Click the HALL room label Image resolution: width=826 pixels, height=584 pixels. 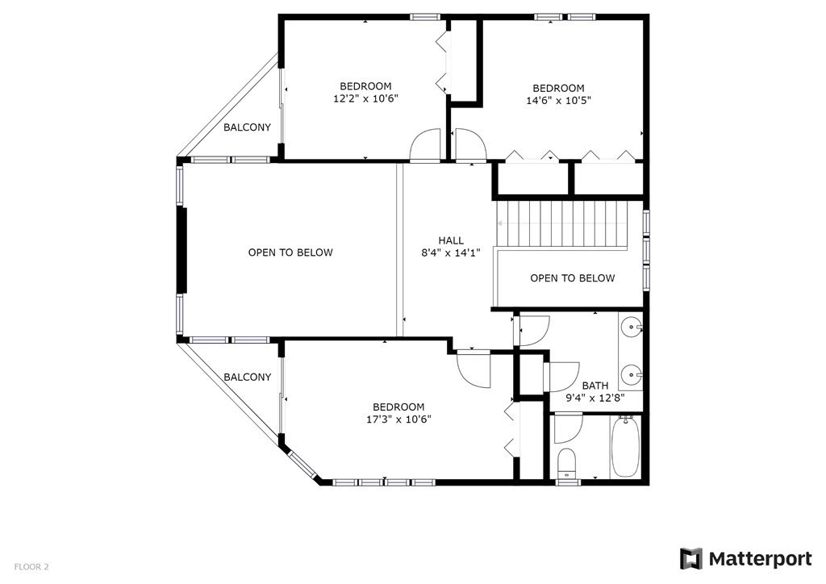click(x=451, y=240)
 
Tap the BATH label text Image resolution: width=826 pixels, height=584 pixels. click(x=595, y=386)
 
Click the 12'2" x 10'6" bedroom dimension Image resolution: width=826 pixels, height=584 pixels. click(x=365, y=98)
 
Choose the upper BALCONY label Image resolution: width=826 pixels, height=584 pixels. click(x=247, y=127)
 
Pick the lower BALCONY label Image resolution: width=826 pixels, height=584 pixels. click(x=247, y=377)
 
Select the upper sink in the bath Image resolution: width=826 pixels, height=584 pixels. click(x=632, y=327)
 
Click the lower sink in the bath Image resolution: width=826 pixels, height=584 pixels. click(x=632, y=373)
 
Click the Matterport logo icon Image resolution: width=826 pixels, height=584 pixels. click(x=691, y=559)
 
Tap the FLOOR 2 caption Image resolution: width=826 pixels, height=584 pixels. click(x=31, y=567)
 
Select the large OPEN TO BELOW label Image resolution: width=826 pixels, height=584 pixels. click(x=290, y=252)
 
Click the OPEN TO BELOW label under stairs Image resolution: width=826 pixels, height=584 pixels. click(x=572, y=278)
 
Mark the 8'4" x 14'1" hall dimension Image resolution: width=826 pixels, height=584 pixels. click(x=451, y=252)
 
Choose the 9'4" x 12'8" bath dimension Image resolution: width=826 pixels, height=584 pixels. click(x=595, y=398)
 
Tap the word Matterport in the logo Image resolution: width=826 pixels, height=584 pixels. click(x=760, y=559)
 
